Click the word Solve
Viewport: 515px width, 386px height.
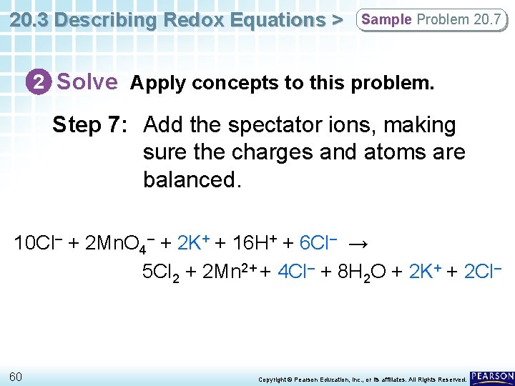(x=87, y=82)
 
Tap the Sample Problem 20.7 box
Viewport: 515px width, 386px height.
(x=431, y=19)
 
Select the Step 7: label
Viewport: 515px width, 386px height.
(x=90, y=125)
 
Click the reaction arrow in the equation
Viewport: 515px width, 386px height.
(x=359, y=244)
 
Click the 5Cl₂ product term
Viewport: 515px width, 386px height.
(x=160, y=272)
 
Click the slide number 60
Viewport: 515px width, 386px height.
(x=16, y=376)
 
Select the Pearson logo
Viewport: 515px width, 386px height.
(x=491, y=377)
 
